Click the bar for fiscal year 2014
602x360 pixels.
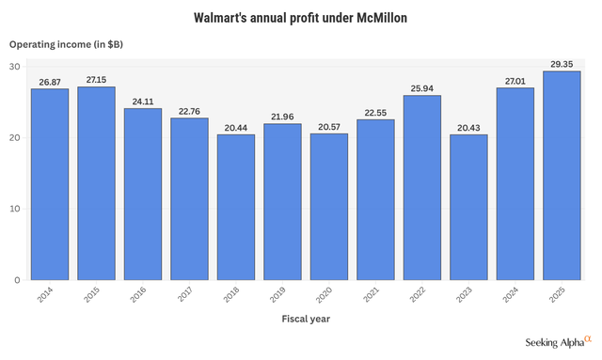pyautogui.click(x=49, y=184)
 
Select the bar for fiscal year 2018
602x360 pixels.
pyautogui.click(x=236, y=207)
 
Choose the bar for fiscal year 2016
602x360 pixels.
pyautogui.click(x=143, y=194)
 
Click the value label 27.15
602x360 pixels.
pyautogui.click(x=96, y=81)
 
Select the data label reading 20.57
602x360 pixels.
pyautogui.click(x=329, y=127)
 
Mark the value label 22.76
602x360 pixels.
pyautogui.click(x=189, y=111)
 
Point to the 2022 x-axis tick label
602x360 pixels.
pyautogui.click(x=420, y=296)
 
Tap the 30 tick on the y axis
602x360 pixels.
pyautogui.click(x=15, y=66)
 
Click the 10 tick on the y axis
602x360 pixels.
pyautogui.click(x=15, y=209)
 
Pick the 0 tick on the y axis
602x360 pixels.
pyautogui.click(x=17, y=279)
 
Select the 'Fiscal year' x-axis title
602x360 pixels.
pyautogui.click(x=306, y=320)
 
